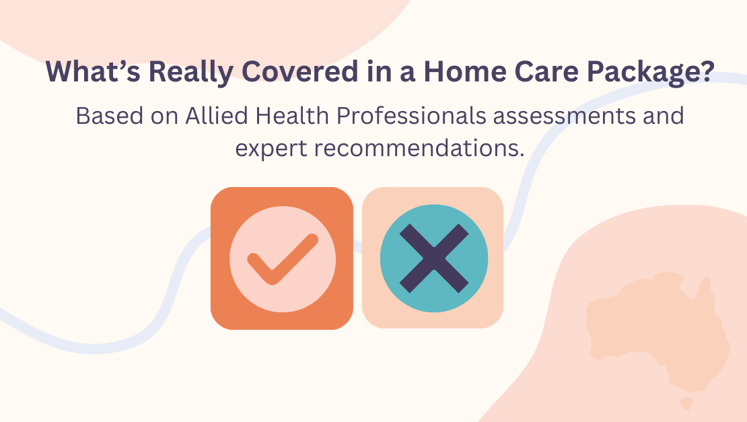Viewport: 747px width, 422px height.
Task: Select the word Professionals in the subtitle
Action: point(411,116)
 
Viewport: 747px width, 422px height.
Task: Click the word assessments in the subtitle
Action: point(577,117)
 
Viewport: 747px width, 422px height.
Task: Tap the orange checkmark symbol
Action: point(282,258)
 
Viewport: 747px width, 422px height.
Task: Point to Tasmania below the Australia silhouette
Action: point(686,403)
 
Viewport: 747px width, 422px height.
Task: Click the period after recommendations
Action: point(522,153)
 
